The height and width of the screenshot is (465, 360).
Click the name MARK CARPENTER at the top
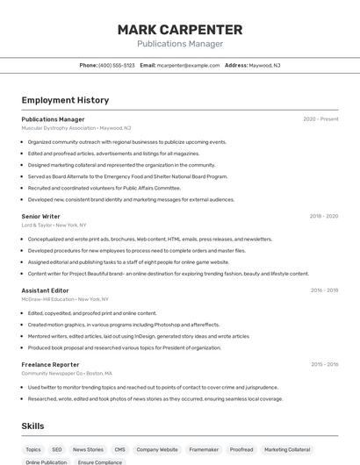pyautogui.click(x=179, y=30)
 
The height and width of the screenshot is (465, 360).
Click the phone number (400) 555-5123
pyautogui.click(x=117, y=65)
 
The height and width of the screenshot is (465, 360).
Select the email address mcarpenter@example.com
pyautogui.click(x=188, y=65)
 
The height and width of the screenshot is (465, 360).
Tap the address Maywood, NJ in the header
pyautogui.click(x=264, y=65)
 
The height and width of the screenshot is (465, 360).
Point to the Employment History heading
pyautogui.click(x=65, y=100)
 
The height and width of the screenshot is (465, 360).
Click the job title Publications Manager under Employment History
pyautogui.click(x=53, y=119)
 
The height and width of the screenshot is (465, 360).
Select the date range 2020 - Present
pyautogui.click(x=320, y=119)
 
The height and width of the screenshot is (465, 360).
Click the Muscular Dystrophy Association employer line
pyautogui.click(x=76, y=128)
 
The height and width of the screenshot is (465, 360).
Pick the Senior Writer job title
pyautogui.click(x=40, y=216)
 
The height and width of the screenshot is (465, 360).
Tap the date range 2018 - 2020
pyautogui.click(x=323, y=216)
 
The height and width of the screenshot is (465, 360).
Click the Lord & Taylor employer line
pyautogui.click(x=54, y=225)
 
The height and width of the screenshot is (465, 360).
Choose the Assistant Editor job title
pyautogui.click(x=45, y=290)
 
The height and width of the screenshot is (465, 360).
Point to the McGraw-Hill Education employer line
pyautogui.click(x=65, y=299)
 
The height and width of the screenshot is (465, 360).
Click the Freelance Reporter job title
pyautogui.click(x=50, y=364)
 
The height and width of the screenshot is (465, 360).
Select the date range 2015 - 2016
pyautogui.click(x=324, y=364)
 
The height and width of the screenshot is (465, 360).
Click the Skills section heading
pyautogui.click(x=32, y=426)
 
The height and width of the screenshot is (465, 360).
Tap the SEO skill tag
pyautogui.click(x=57, y=449)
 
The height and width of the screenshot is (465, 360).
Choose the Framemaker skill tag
pyautogui.click(x=204, y=449)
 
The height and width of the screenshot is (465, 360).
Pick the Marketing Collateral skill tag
pyautogui.click(x=287, y=449)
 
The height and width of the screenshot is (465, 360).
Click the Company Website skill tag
pyautogui.click(x=156, y=449)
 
